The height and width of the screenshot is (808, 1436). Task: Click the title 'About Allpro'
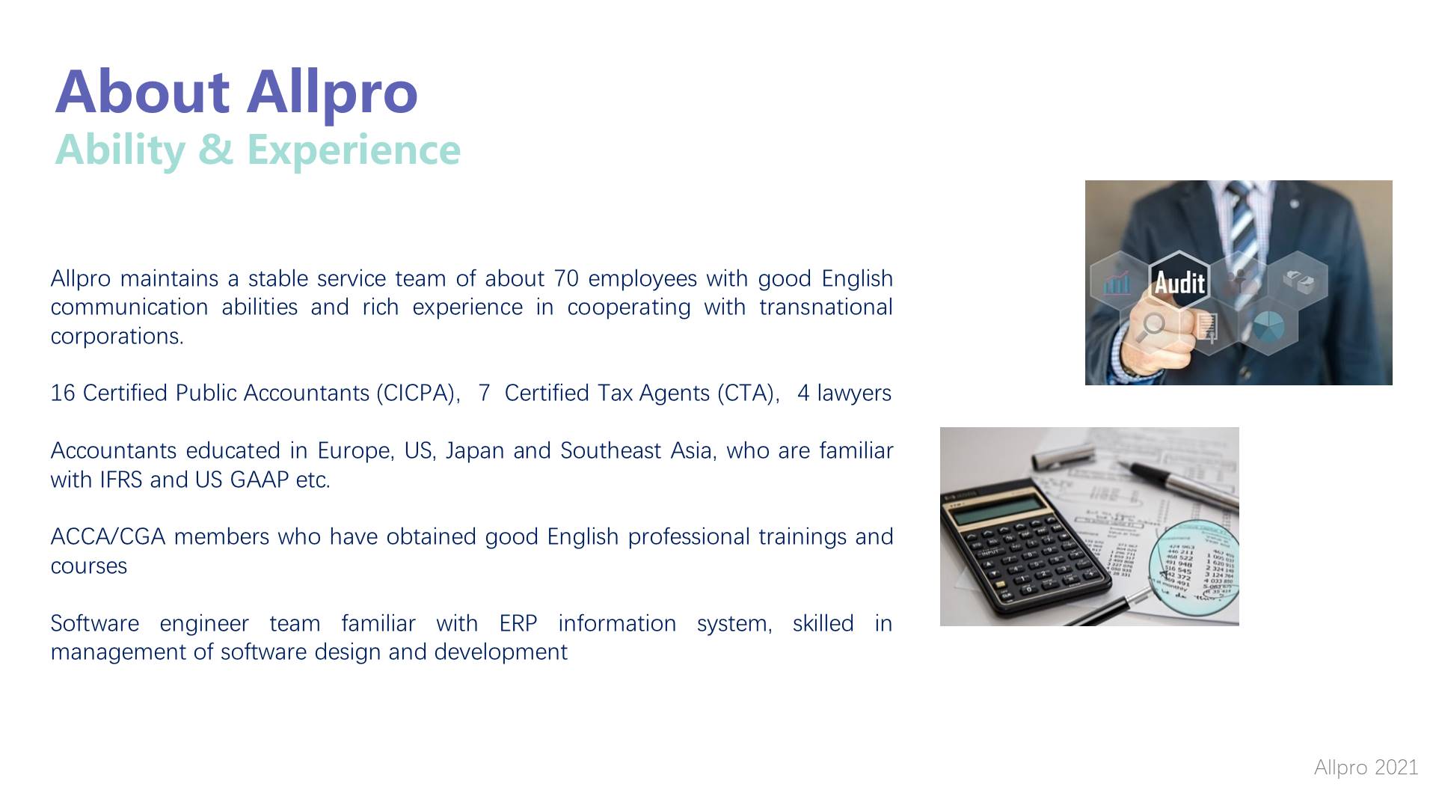tap(236, 92)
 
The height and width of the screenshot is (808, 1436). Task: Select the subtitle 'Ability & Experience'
tap(257, 149)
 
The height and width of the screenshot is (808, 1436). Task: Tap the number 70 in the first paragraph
tap(566, 278)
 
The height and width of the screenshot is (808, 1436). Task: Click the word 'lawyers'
tap(853, 393)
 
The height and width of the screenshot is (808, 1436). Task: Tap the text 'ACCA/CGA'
tap(108, 537)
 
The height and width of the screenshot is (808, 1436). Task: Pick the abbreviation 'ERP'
tap(518, 623)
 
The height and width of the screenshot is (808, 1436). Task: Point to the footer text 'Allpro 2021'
tap(1366, 767)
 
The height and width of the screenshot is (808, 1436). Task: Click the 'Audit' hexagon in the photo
tap(1179, 281)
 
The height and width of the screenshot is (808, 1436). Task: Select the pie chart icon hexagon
tap(1268, 326)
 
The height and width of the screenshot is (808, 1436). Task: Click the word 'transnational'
tap(826, 307)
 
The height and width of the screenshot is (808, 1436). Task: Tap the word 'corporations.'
tap(117, 337)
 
